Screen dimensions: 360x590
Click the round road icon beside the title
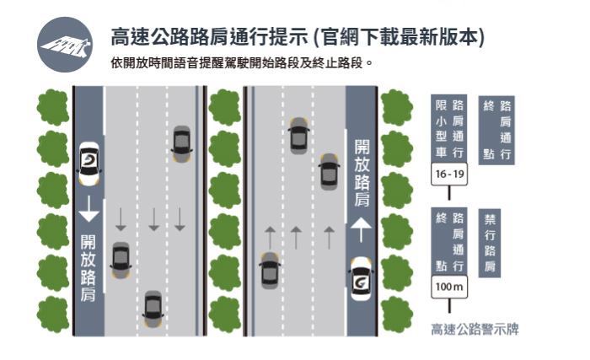66,45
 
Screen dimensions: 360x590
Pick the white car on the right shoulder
361,281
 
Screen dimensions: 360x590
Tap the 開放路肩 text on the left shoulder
88,266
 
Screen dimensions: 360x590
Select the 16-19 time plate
449,175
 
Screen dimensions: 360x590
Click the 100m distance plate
448,288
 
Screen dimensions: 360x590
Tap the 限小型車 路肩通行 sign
449,130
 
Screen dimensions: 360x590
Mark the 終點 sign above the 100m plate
449,243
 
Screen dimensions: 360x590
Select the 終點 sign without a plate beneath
496,130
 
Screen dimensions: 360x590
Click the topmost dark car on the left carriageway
180,143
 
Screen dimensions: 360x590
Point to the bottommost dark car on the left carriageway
153,309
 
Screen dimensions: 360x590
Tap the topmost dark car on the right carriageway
298,135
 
